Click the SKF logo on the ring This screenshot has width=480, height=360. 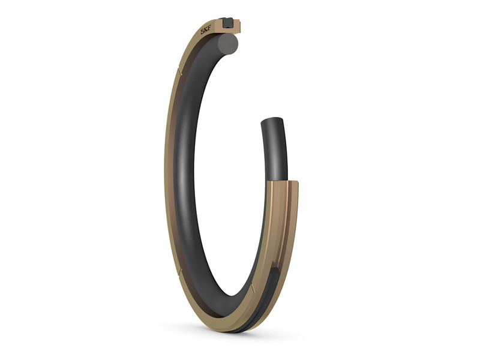pyautogui.click(x=206, y=31)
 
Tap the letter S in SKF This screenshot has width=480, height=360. pyautogui.click(x=203, y=32)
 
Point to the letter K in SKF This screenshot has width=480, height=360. pyautogui.click(x=206, y=31)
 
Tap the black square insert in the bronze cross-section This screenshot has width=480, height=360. pyautogui.click(x=228, y=22)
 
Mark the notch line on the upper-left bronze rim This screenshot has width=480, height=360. pyautogui.click(x=179, y=71)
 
